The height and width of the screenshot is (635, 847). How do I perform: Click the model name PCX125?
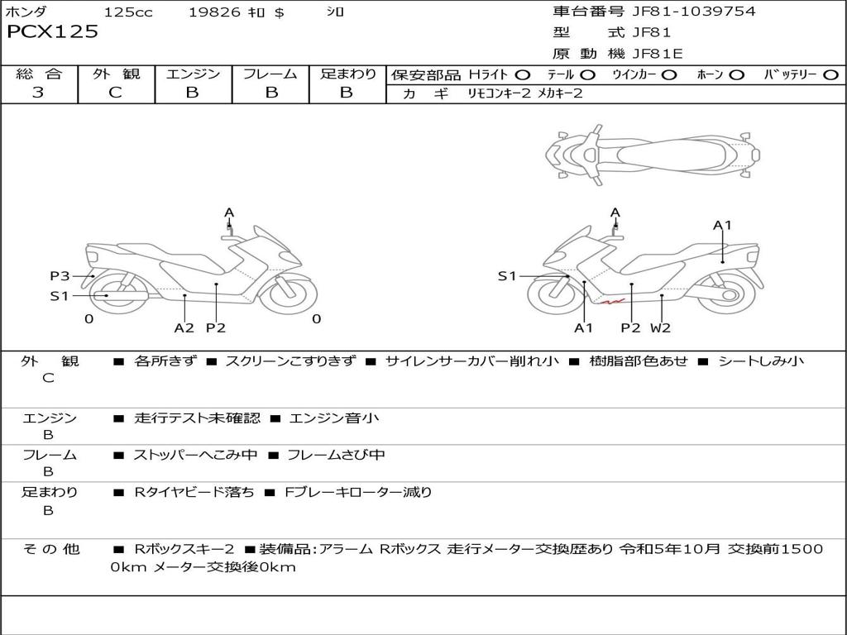(x=52, y=32)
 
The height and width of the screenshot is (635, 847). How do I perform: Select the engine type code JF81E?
(x=656, y=55)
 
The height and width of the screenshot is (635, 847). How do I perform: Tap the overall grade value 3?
(x=38, y=93)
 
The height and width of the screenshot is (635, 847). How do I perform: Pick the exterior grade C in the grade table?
(x=115, y=93)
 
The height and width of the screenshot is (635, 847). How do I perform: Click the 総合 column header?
(x=39, y=74)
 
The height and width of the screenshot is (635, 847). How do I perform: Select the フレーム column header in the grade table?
(x=270, y=74)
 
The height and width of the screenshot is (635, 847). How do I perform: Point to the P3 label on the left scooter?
(x=60, y=276)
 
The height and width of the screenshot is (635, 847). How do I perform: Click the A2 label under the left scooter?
(x=184, y=327)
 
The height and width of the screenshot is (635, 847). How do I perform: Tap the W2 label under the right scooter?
(x=660, y=327)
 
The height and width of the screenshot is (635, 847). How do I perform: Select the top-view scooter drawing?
(x=653, y=153)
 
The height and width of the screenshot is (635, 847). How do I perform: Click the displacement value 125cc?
(x=128, y=12)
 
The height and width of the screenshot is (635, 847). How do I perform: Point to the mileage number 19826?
(x=214, y=12)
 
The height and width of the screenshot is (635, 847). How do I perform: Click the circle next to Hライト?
(x=523, y=74)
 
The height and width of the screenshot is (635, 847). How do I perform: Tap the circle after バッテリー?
(x=830, y=74)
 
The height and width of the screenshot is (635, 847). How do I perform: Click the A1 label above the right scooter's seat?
(x=722, y=225)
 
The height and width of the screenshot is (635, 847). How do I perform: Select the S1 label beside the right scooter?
(x=507, y=276)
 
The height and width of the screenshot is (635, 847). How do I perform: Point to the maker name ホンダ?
(x=26, y=12)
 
